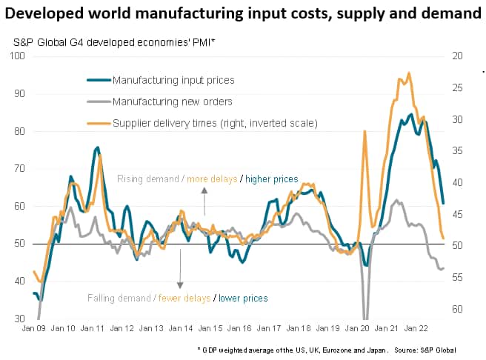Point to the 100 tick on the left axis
pyautogui.click(x=17, y=56)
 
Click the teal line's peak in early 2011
pyautogui.click(x=98, y=148)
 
